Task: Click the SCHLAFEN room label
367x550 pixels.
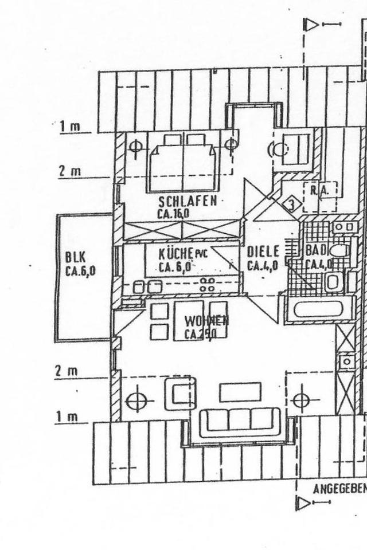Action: pyautogui.click(x=188, y=201)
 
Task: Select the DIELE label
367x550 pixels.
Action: pyautogui.click(x=263, y=252)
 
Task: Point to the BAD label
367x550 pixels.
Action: pyautogui.click(x=315, y=251)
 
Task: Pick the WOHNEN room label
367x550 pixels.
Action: pyautogui.click(x=206, y=321)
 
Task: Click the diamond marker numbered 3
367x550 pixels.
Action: pyautogui.click(x=291, y=203)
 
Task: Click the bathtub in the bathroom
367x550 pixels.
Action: pyautogui.click(x=318, y=309)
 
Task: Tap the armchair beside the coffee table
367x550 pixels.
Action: pyautogui.click(x=179, y=393)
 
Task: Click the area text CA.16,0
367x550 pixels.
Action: pyautogui.click(x=173, y=214)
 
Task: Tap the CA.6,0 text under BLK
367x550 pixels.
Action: pyautogui.click(x=80, y=271)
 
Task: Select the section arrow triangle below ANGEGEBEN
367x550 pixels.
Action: pyautogui.click(x=302, y=503)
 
